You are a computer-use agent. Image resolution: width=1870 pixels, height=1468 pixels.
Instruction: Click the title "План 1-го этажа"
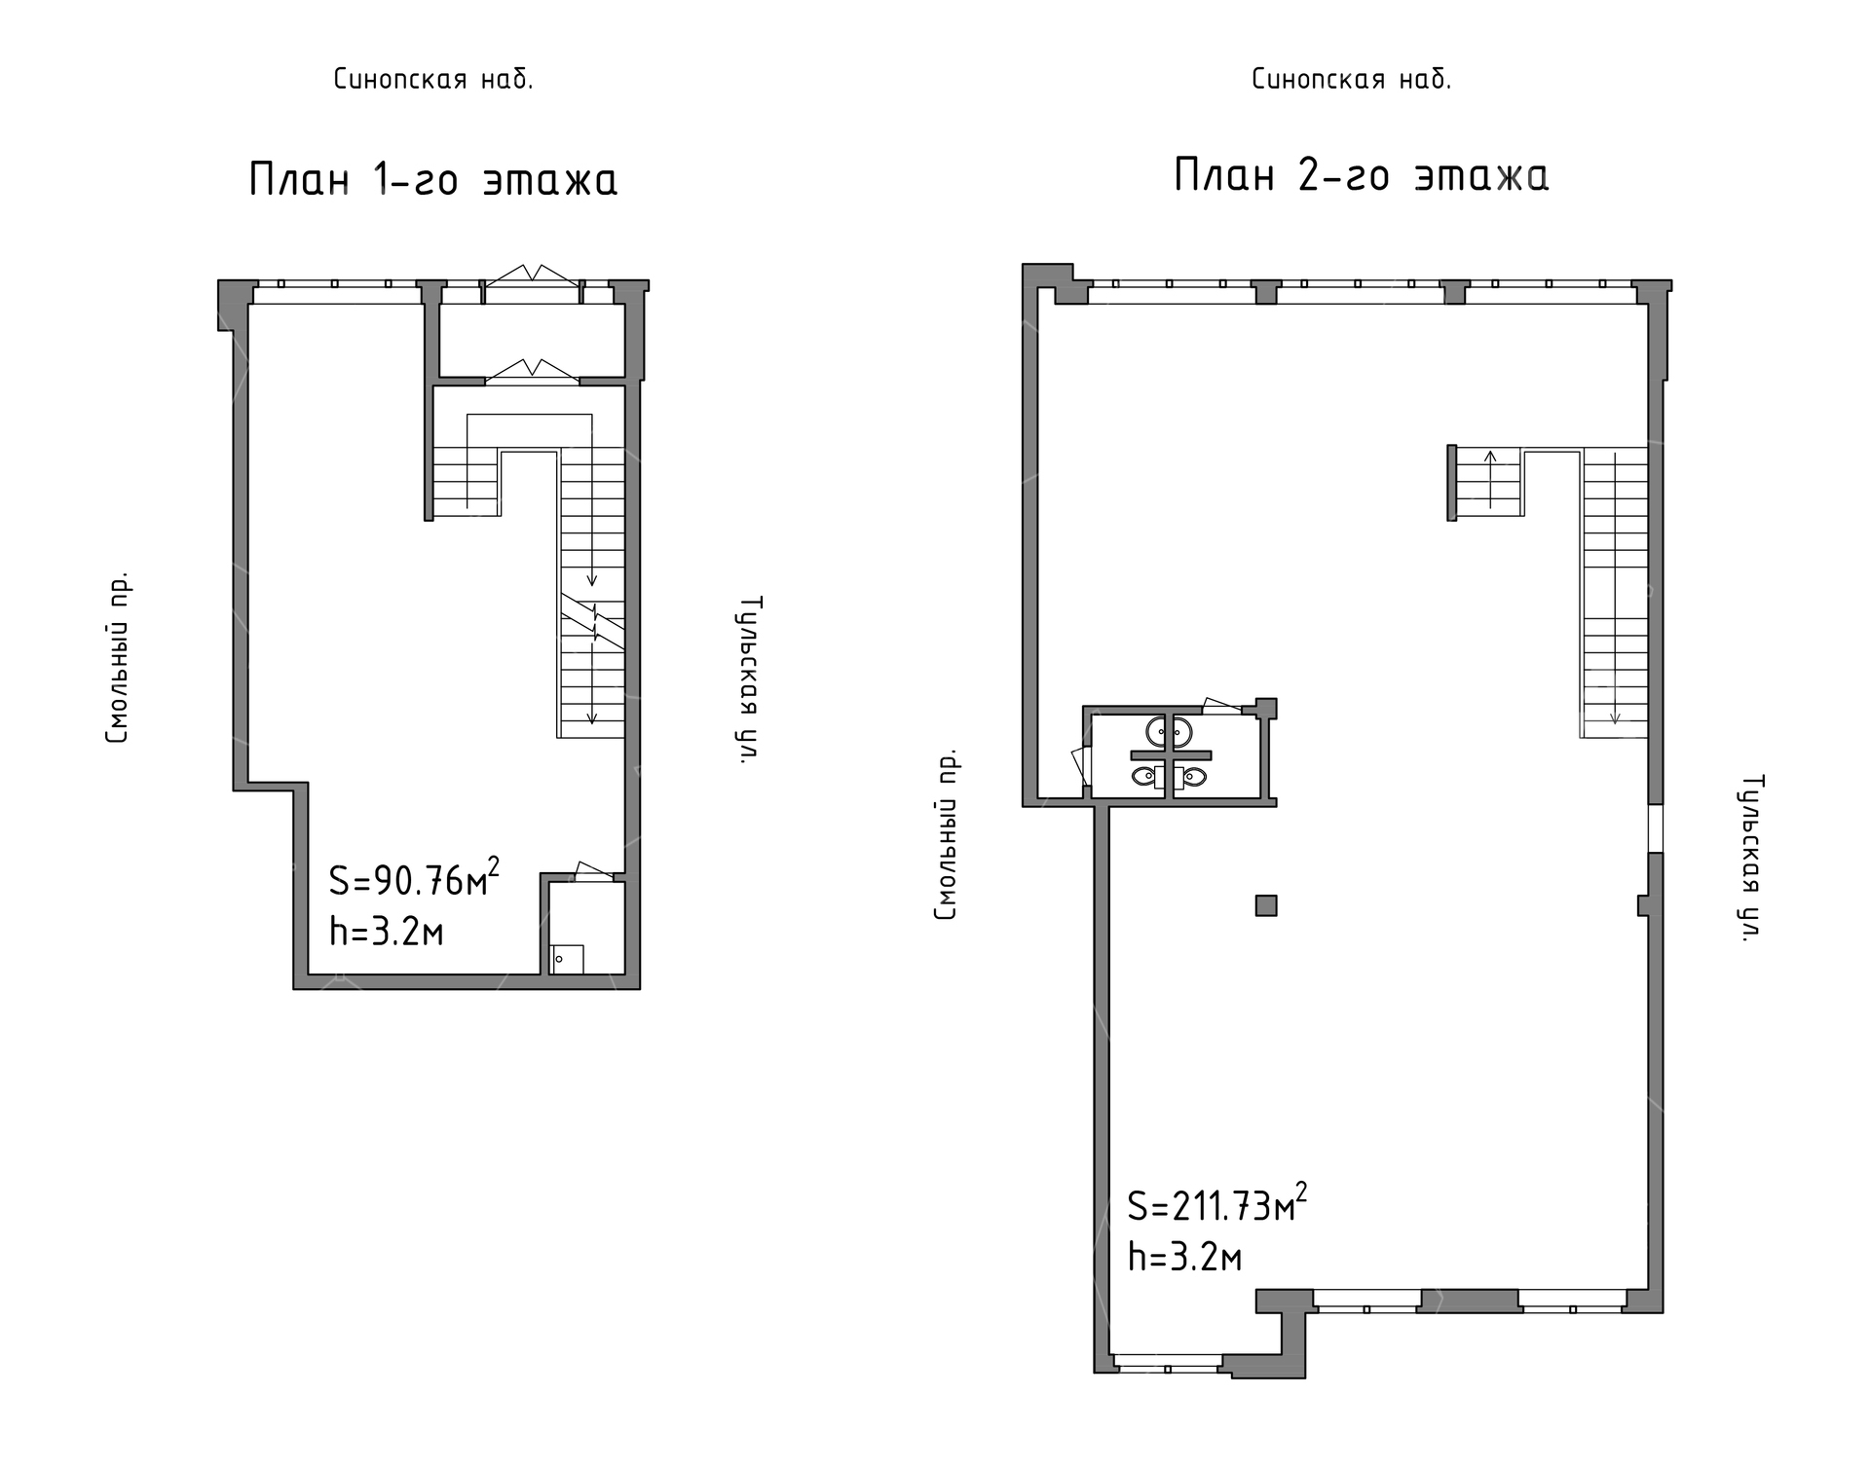pos(433,179)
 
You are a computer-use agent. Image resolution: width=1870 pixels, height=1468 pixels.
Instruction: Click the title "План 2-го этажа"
pos(1361,175)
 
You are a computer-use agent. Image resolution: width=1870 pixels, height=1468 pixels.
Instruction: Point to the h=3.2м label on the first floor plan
pos(387,932)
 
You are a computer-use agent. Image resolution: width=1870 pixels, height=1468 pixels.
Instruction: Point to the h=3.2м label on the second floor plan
pos(1185,1257)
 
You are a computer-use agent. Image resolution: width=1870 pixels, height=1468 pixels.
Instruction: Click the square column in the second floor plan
pos(1266,905)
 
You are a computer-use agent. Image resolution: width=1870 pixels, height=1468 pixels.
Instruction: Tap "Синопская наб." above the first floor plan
pos(433,79)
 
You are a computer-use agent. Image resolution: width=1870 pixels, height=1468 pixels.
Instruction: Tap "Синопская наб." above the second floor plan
pos(1352,79)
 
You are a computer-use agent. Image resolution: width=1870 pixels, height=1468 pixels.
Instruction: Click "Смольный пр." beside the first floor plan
pos(117,657)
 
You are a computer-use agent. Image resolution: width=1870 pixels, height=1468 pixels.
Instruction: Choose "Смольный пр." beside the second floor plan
pos(946,834)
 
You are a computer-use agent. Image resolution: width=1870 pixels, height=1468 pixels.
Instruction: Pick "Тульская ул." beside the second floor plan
pos(1752,858)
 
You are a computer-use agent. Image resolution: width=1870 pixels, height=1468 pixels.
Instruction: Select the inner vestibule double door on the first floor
pos(532,370)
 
